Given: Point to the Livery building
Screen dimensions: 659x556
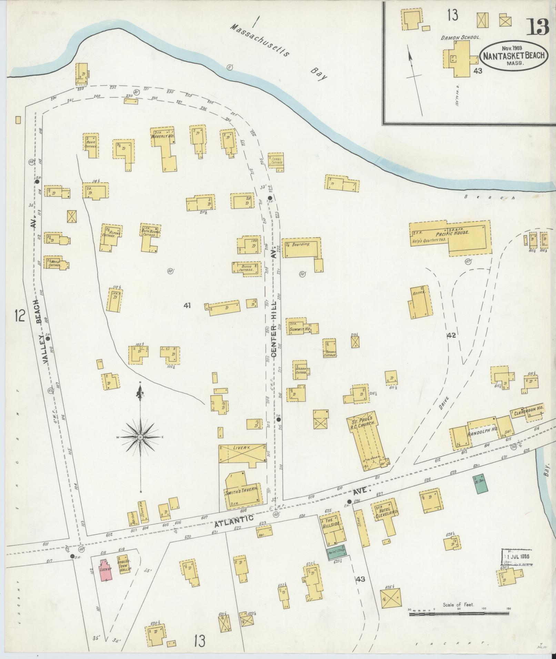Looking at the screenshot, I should pos(242,455).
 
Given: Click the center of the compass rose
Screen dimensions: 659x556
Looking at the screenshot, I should pos(140,437).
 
